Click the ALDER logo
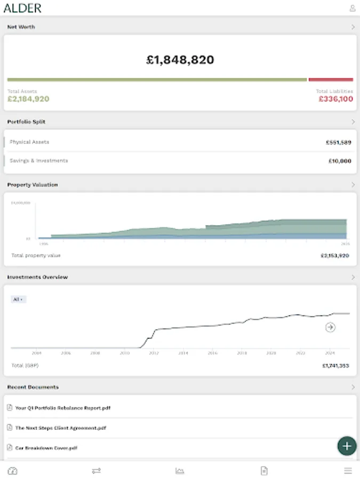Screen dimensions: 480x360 (22, 8)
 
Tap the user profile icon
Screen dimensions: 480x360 (352, 8)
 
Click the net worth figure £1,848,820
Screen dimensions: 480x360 (180, 60)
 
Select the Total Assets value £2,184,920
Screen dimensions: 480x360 (28, 99)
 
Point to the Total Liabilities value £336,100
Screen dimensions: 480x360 (335, 99)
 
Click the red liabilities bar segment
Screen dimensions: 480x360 (331, 79)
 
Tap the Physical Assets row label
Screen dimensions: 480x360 (29, 142)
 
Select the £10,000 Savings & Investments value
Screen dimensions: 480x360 (340, 161)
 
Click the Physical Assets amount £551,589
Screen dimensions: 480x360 (338, 142)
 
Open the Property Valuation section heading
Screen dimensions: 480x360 (33, 185)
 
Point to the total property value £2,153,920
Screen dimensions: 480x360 (334, 255)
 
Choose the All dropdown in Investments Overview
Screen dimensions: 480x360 (18, 300)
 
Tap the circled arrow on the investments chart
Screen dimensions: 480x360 (330, 327)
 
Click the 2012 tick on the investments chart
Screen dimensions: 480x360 (154, 353)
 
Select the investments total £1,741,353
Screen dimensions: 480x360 (335, 366)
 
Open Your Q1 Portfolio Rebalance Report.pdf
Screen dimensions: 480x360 (62, 408)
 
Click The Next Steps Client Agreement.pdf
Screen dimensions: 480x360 (60, 428)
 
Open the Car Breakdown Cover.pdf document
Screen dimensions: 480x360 (46, 448)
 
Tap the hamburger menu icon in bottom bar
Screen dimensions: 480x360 (348, 471)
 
